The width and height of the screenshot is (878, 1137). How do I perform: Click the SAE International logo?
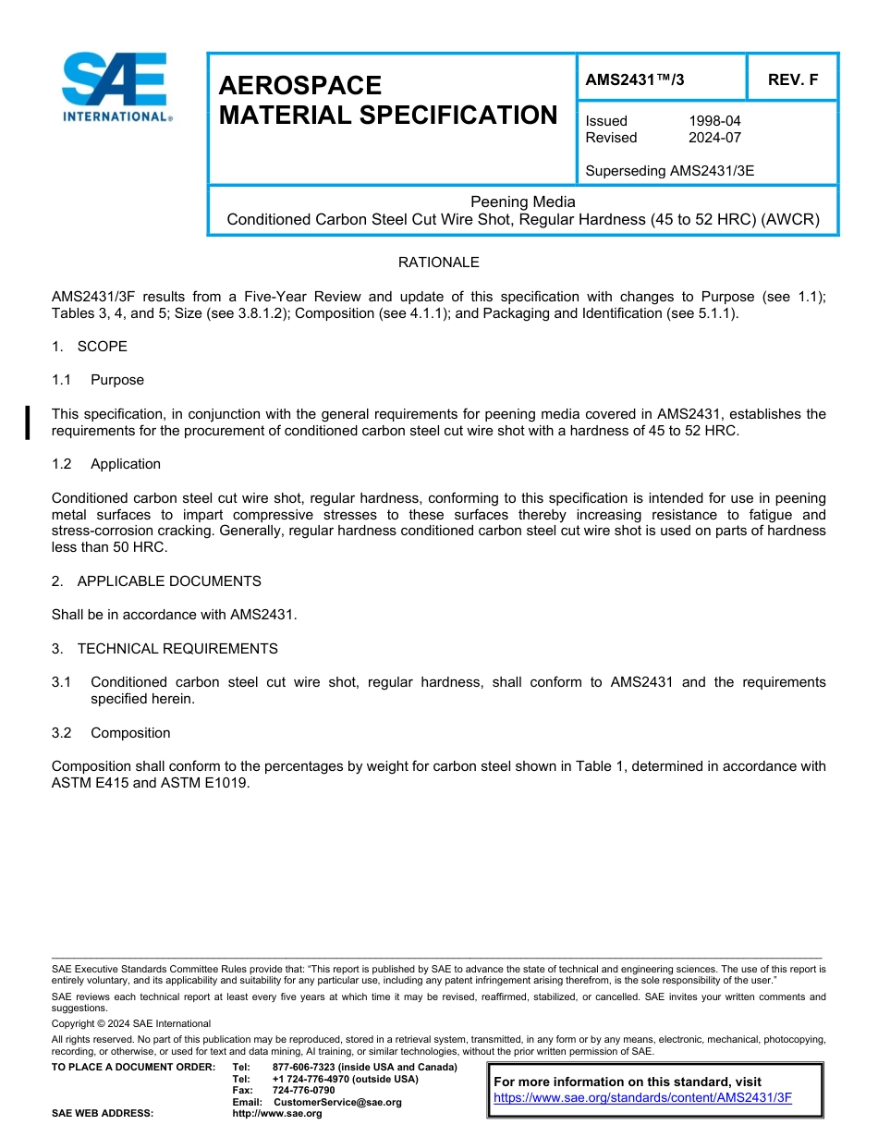pyautogui.click(x=115, y=87)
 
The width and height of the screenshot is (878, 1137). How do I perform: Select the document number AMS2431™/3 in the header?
pyautogui.click(x=635, y=79)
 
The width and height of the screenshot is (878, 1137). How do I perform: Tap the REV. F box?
pyautogui.click(x=792, y=79)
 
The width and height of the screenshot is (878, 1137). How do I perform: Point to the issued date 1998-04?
pyautogui.click(x=714, y=121)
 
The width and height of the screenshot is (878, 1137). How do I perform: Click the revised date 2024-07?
pyautogui.click(x=714, y=138)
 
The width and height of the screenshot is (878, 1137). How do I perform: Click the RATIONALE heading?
pyautogui.click(x=438, y=263)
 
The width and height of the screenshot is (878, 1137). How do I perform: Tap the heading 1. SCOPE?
pyautogui.click(x=90, y=347)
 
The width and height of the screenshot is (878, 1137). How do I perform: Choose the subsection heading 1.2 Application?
pyautogui.click(x=106, y=464)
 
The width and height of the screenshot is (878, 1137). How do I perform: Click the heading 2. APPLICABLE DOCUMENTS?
pyautogui.click(x=156, y=581)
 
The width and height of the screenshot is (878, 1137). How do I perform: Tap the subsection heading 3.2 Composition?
pyautogui.click(x=111, y=733)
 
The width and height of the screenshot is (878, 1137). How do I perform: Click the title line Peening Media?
pyautogui.click(x=522, y=202)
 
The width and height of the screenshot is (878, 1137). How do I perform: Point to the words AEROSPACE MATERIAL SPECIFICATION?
pyautogui.click(x=387, y=100)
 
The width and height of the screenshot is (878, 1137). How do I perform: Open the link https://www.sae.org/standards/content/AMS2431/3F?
pyautogui.click(x=642, y=1098)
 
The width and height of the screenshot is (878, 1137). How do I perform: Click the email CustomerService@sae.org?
pyautogui.click(x=337, y=1102)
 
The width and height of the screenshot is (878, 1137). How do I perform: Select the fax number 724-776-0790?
pyautogui.click(x=303, y=1091)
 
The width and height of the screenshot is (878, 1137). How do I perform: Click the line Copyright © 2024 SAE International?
pyautogui.click(x=131, y=1023)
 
